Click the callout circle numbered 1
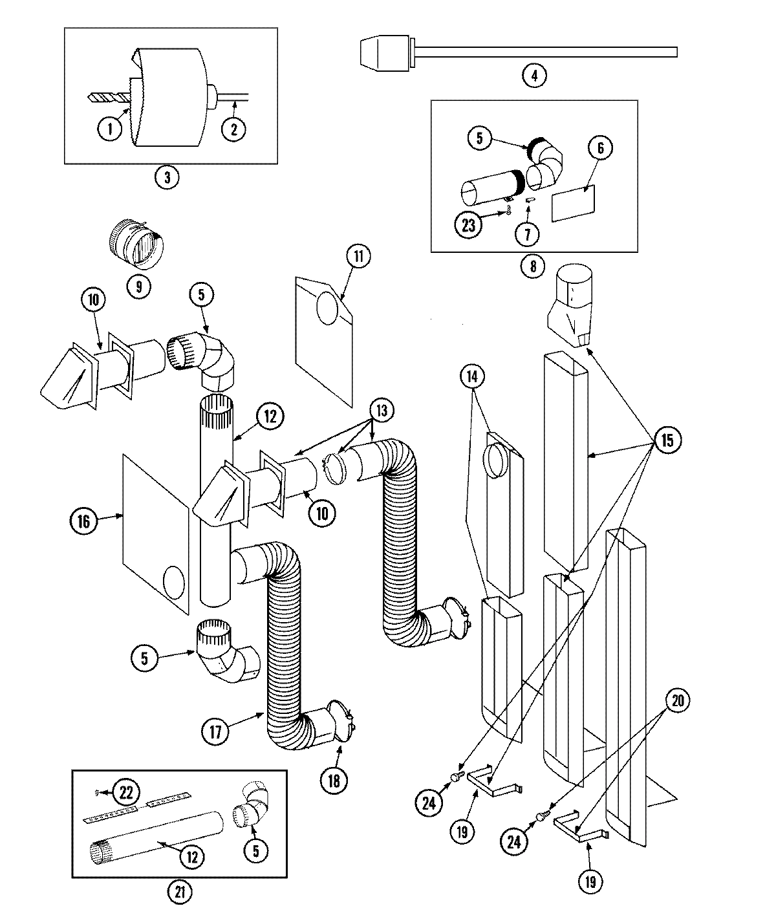click(110, 129)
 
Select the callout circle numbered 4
click(534, 76)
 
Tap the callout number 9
click(139, 285)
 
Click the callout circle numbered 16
click(83, 521)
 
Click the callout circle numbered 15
click(667, 440)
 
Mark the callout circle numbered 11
click(358, 255)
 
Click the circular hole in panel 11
click(329, 306)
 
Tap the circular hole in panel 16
click(175, 583)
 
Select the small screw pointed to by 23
click(510, 213)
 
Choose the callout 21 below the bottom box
click(180, 892)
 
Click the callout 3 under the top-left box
click(167, 178)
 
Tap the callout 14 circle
click(473, 375)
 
